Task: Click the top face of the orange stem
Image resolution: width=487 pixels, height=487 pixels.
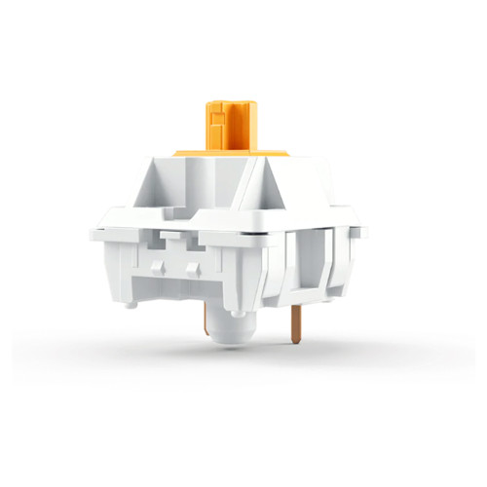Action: coord(232,100)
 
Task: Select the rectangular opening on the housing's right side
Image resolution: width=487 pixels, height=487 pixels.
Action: coord(310,263)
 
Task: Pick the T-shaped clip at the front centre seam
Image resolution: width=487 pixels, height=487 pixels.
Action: coord(173,237)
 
